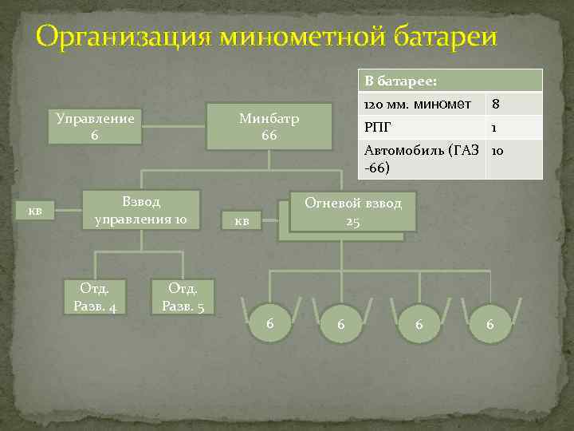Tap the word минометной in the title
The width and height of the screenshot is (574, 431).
(293, 37)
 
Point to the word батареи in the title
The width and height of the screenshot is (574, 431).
(443, 37)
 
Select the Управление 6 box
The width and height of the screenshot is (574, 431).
(95, 126)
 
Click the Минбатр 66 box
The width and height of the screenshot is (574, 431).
(269, 126)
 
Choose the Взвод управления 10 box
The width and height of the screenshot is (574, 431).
(140, 209)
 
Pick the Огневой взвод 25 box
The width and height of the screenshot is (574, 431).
(353, 212)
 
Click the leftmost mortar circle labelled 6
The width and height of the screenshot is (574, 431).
(271, 324)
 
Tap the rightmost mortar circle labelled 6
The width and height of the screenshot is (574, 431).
(490, 324)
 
